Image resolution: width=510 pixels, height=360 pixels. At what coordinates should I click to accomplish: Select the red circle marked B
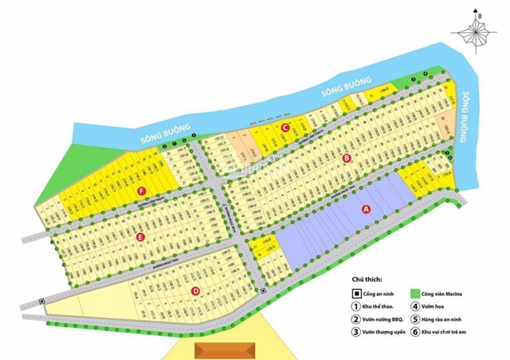click(x=346, y=158)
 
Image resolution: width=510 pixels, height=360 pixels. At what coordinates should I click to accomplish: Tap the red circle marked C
click(x=285, y=127)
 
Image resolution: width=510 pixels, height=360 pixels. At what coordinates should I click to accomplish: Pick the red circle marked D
click(x=195, y=291)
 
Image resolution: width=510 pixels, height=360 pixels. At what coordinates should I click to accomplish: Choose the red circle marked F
click(x=141, y=190)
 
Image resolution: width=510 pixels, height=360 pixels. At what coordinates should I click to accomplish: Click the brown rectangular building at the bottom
click(x=223, y=349)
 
